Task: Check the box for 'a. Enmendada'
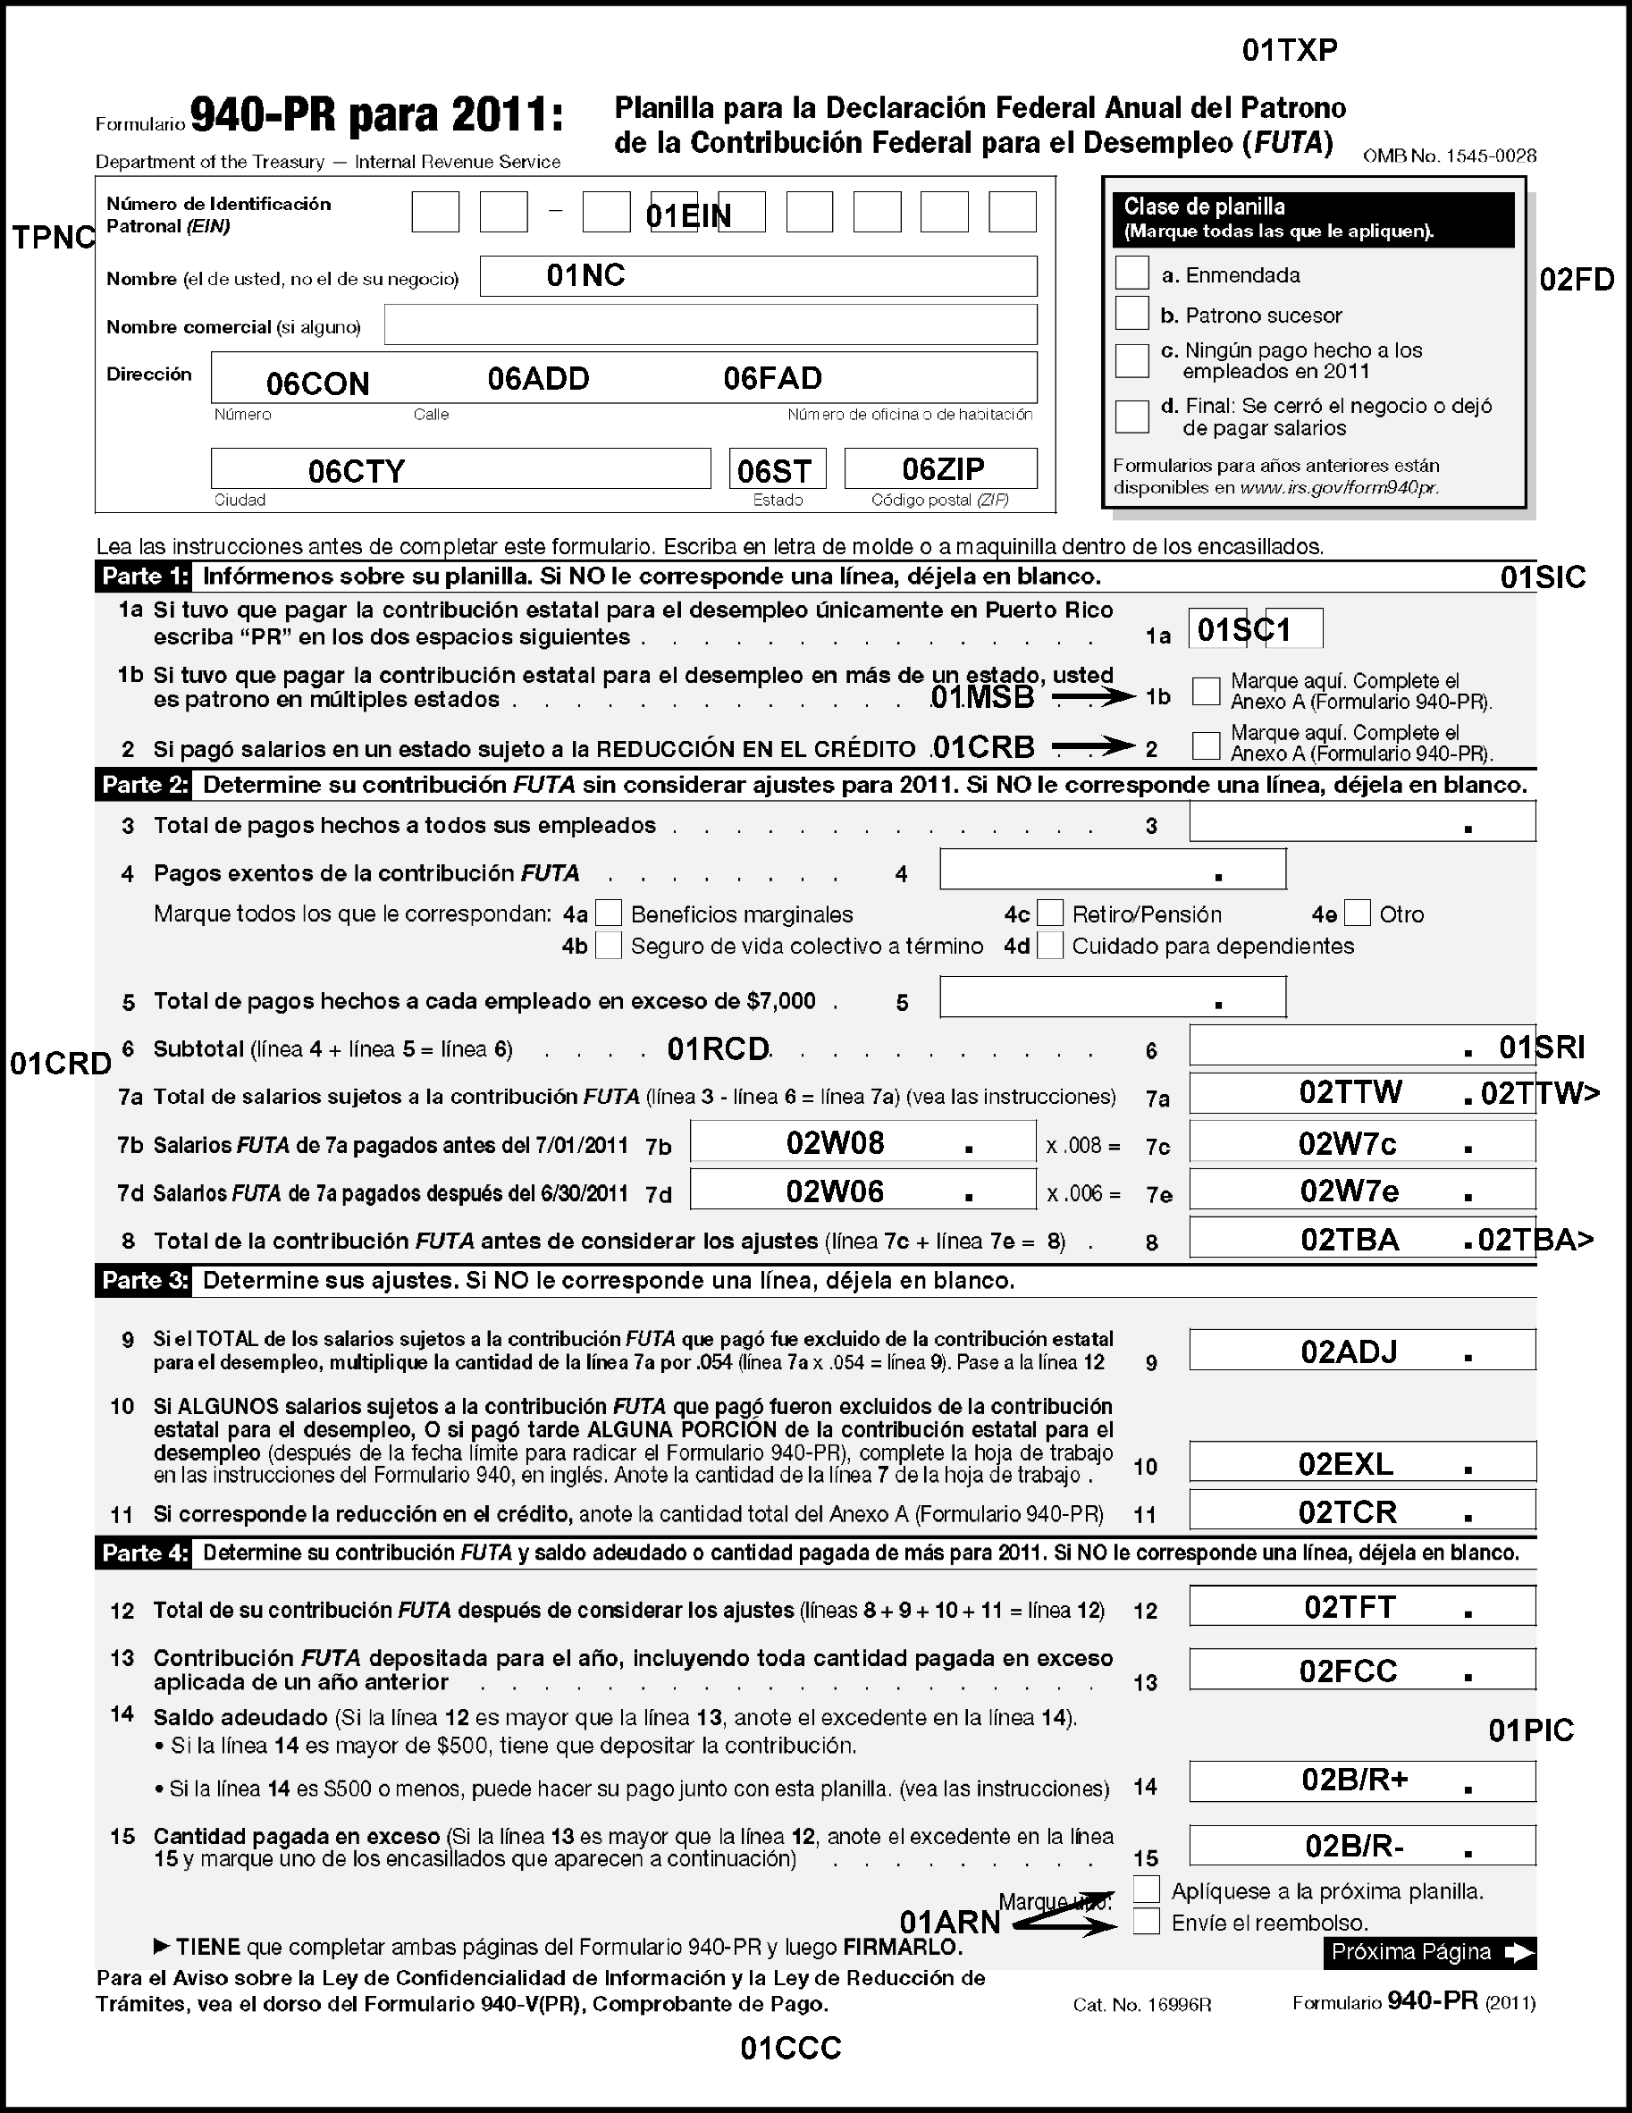[1131, 273]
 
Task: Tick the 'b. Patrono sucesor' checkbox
[1131, 314]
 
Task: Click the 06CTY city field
[460, 469]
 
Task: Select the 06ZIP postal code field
[940, 469]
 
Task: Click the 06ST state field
[777, 469]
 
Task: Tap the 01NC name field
[758, 277]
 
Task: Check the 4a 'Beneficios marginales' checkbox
[609, 913]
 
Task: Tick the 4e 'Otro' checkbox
[1358, 913]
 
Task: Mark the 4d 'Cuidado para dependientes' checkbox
[1049, 946]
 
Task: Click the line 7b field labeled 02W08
[862, 1142]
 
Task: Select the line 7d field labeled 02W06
[862, 1191]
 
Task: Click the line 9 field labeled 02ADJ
[1361, 1351]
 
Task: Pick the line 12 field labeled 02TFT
[1361, 1607]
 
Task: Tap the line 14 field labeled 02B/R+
[1361, 1781]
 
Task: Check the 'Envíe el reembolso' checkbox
[1147, 1922]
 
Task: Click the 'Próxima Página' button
[1429, 1951]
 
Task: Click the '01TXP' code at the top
[1290, 51]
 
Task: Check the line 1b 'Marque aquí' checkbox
[1206, 691]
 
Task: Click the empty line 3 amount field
[1361, 822]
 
